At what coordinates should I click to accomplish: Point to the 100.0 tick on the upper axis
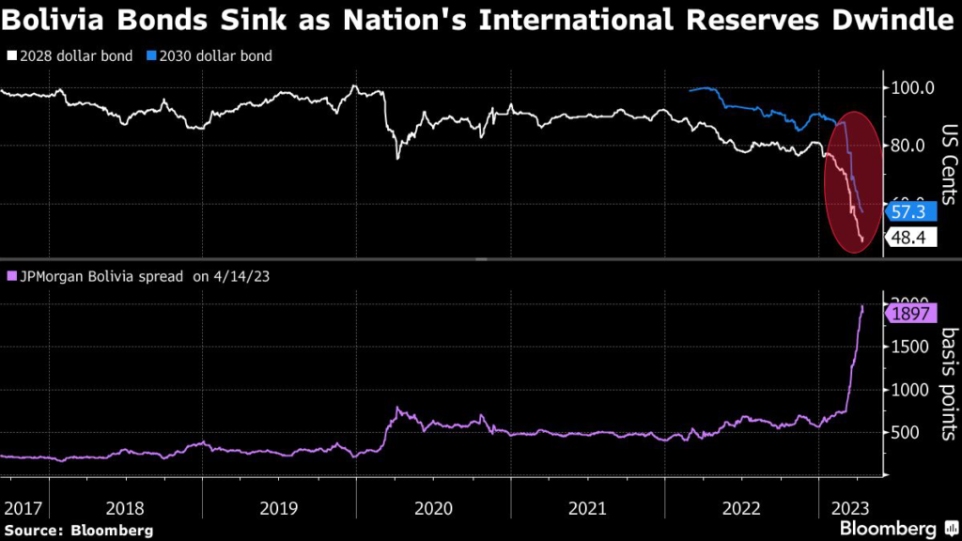(x=910, y=88)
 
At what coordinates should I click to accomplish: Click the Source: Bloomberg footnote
(x=78, y=530)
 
